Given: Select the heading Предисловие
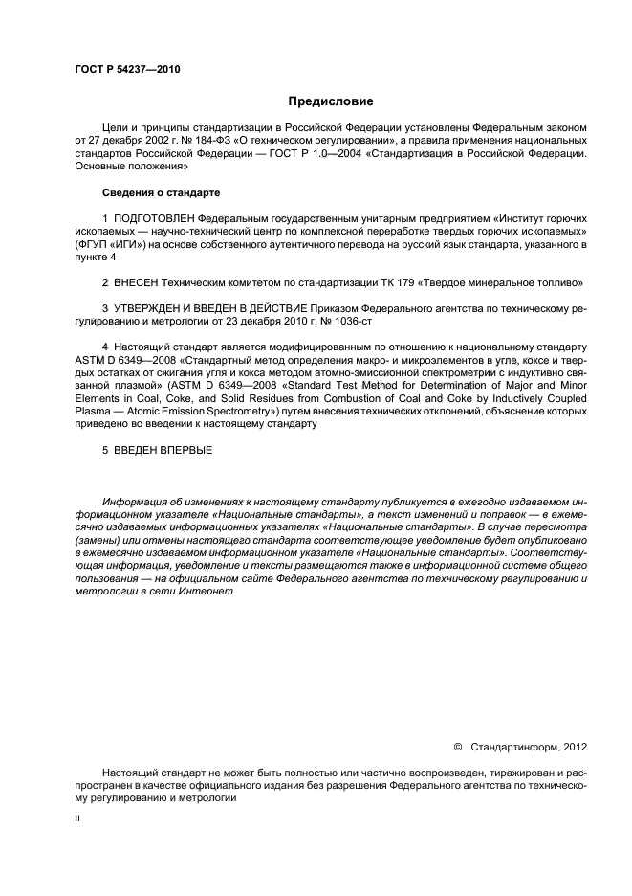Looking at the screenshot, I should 331,101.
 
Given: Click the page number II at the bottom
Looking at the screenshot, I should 77,820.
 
